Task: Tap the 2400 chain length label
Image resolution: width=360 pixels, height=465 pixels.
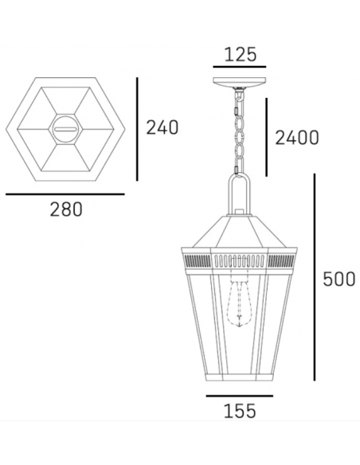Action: point(295,138)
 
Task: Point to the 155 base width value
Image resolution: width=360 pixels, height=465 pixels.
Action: point(239,412)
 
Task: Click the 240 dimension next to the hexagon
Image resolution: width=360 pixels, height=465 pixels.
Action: point(162,127)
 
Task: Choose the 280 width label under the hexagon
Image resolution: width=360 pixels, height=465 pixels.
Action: point(66,210)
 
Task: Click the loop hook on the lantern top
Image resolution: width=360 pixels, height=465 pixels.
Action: point(237,193)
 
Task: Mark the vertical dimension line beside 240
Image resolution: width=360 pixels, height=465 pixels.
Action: point(139,127)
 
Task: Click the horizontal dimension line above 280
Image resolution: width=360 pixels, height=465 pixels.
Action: point(65,193)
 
